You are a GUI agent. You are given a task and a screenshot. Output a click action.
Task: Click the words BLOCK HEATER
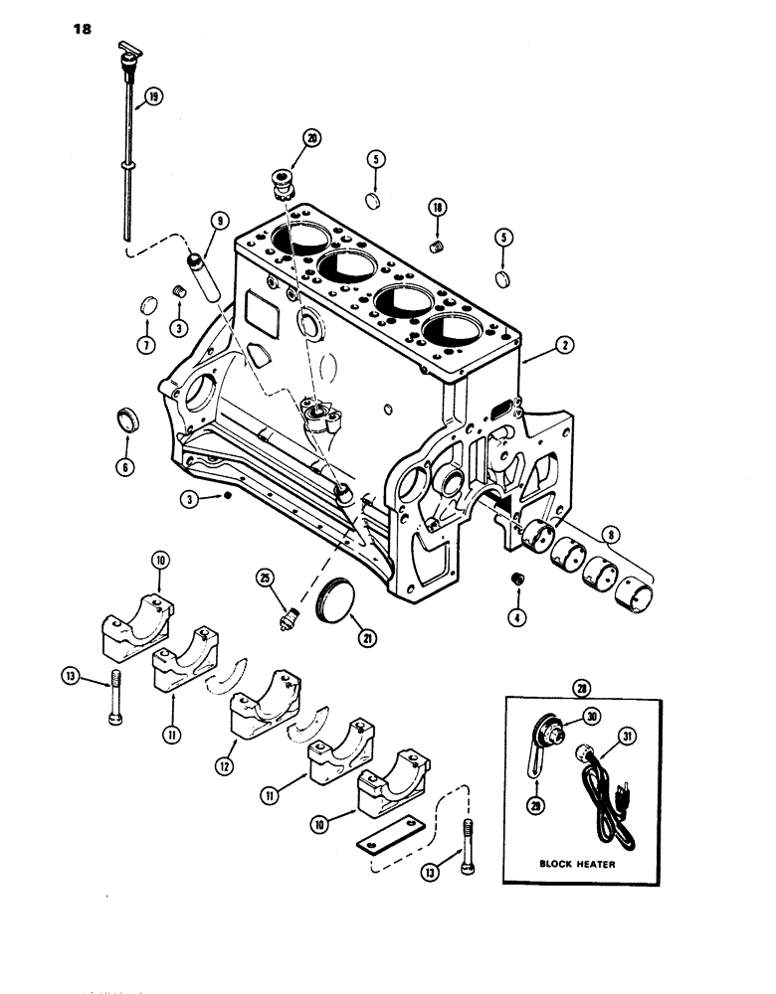(x=577, y=864)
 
